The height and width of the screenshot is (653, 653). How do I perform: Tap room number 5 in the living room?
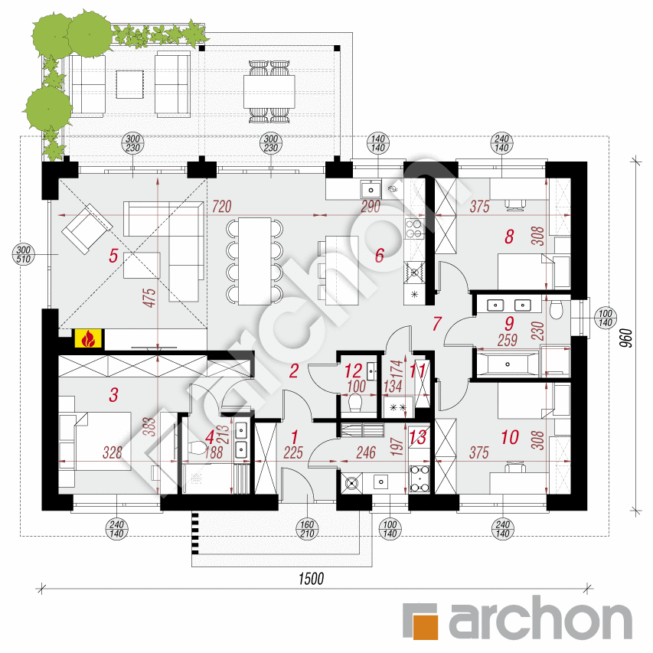click(x=113, y=256)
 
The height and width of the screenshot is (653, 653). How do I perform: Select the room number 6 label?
click(x=379, y=256)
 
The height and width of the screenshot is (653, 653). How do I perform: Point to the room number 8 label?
click(x=509, y=237)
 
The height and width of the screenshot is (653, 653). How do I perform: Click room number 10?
click(x=509, y=438)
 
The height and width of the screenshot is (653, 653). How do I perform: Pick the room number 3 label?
click(x=113, y=395)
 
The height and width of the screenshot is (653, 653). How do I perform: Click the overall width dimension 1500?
click(x=309, y=578)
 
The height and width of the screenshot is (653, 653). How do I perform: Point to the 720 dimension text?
click(x=222, y=207)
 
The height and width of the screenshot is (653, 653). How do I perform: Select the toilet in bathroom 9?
click(x=557, y=308)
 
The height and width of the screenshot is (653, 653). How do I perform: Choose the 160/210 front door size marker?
click(x=308, y=528)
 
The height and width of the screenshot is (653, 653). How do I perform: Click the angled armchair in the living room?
click(x=87, y=227)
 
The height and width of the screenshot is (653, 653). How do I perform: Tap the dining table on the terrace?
click(x=269, y=91)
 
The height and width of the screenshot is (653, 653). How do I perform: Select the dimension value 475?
click(x=149, y=303)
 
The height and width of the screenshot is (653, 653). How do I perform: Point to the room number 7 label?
click(x=436, y=323)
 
